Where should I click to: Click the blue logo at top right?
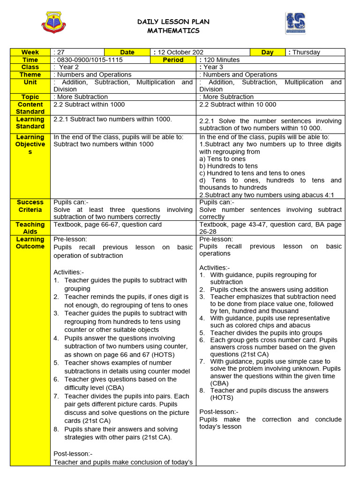click(x=295, y=23)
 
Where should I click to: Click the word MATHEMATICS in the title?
click(x=173, y=31)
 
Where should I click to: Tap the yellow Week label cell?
click(x=30, y=52)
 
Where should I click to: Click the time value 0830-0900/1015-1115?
click(x=89, y=60)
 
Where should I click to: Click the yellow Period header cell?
click(x=173, y=60)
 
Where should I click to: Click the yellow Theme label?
click(x=30, y=75)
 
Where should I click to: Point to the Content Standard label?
click(x=30, y=108)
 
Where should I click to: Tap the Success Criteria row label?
click(x=30, y=206)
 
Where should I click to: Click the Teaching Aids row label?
click(x=30, y=228)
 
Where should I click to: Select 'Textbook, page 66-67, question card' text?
click(x=108, y=225)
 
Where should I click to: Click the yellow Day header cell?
click(x=267, y=52)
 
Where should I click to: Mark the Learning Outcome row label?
click(x=30, y=243)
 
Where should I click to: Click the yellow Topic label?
click(x=30, y=97)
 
